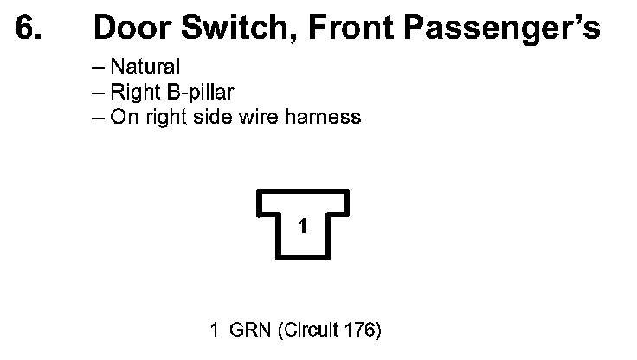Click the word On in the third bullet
click(x=122, y=116)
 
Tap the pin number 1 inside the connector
click(x=302, y=227)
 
